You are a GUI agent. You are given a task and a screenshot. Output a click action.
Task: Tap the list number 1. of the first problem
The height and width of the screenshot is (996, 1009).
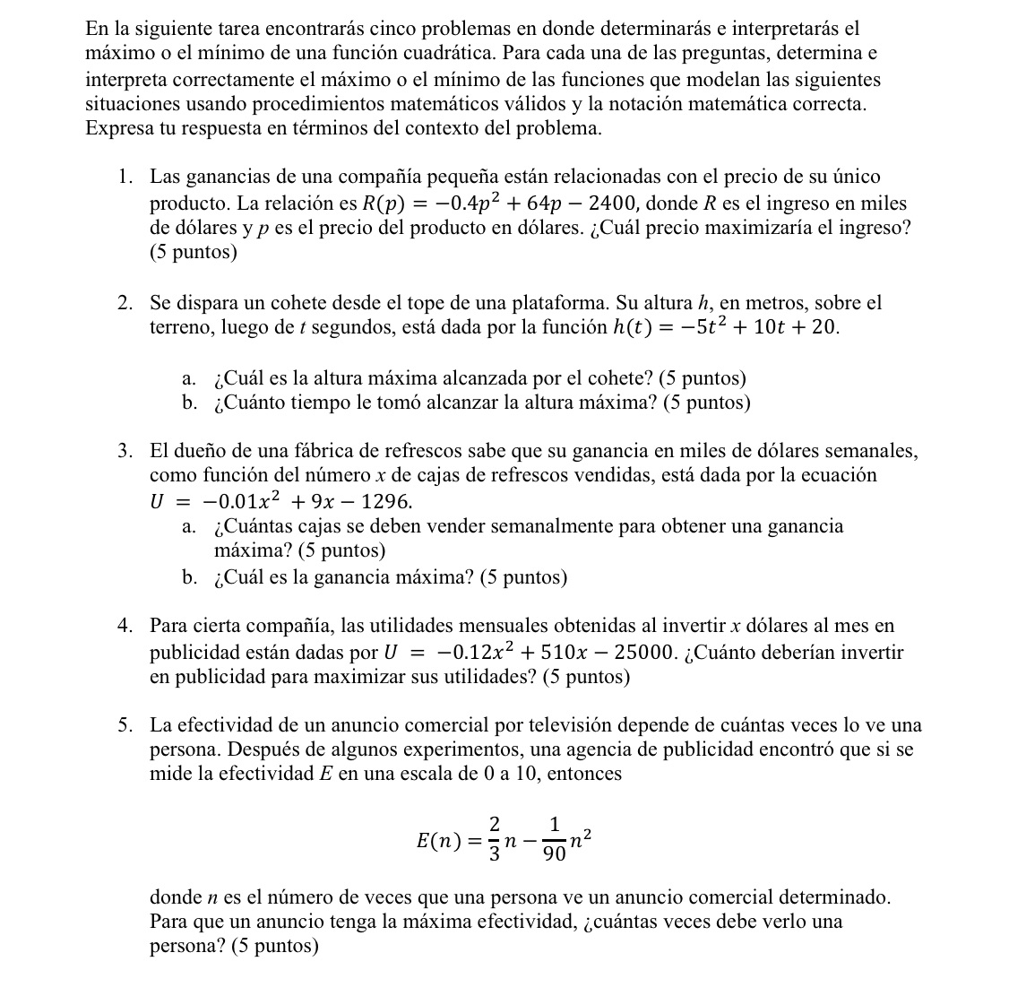tap(126, 178)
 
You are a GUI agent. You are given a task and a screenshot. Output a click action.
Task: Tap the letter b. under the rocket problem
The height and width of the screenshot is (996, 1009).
tap(189, 403)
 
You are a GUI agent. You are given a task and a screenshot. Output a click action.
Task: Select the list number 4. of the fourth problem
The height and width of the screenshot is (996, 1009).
tap(126, 625)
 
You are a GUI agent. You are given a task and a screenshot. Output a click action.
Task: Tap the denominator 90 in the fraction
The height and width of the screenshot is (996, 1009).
tap(556, 854)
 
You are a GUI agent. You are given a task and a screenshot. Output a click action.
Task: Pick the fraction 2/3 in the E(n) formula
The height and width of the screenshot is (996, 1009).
tap(494, 839)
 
